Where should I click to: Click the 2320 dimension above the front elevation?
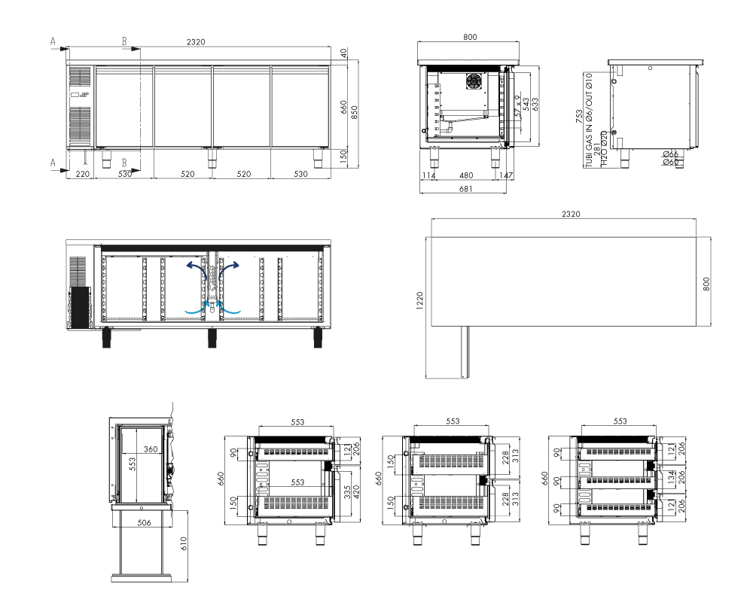pyautogui.click(x=196, y=42)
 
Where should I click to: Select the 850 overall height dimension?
pyautogui.click(x=355, y=112)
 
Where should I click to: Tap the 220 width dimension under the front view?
pyautogui.click(x=83, y=174)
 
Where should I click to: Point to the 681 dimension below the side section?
pyautogui.click(x=465, y=189)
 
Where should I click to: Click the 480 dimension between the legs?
pyautogui.click(x=466, y=175)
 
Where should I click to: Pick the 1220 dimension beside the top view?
pyautogui.click(x=419, y=301)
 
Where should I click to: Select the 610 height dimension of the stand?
pyautogui.click(x=184, y=544)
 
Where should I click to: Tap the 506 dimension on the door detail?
pyautogui.click(x=144, y=522)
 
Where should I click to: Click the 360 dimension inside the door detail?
pyautogui.click(x=151, y=448)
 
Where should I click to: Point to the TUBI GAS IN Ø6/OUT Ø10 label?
pyautogui.click(x=589, y=120)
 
